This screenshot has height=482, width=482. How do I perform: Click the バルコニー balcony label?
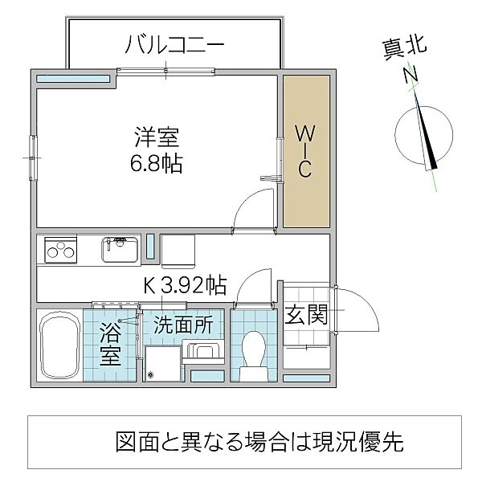[174, 44]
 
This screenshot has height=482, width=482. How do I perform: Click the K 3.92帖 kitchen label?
[185, 284]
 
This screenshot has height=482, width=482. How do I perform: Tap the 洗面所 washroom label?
[183, 326]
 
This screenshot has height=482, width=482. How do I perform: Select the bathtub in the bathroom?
[58, 346]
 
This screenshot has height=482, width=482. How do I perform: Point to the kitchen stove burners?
[58, 251]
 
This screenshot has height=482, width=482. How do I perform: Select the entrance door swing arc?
[360, 307]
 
